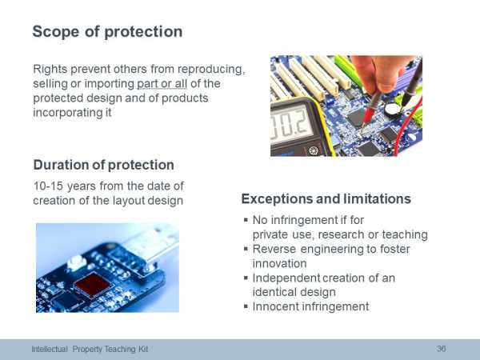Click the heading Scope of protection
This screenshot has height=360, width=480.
tap(107, 32)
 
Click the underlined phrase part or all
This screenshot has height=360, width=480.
tap(162, 83)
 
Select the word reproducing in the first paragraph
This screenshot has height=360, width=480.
tap(211, 70)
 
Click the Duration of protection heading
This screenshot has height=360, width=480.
tap(104, 165)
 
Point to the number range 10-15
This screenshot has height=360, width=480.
tap(48, 186)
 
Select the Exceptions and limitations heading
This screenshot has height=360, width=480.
tap(326, 198)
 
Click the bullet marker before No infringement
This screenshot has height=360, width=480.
tap(246, 219)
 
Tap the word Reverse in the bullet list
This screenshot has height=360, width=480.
tap(274, 249)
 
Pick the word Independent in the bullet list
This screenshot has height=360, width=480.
tap(286, 278)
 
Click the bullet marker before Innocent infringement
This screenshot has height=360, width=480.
tap(246, 306)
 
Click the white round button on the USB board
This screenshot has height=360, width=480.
tap(75, 262)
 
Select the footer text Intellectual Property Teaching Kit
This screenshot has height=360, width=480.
tap(90, 349)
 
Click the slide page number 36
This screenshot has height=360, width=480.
tap(441, 349)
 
